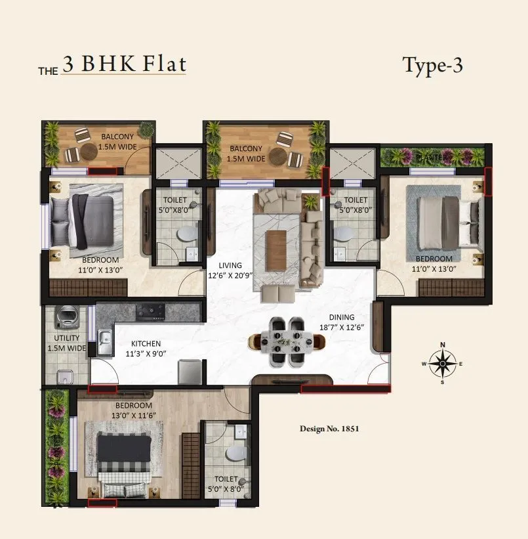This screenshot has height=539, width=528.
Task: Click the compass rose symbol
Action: click(443, 363)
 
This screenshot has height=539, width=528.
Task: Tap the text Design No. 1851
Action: click(329, 429)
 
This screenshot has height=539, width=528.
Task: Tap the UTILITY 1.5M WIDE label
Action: click(66, 343)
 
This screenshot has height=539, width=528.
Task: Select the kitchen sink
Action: click(105, 342)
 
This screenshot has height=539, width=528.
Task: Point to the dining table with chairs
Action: click(287, 341)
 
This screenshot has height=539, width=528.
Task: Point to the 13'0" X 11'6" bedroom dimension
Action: click(133, 414)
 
